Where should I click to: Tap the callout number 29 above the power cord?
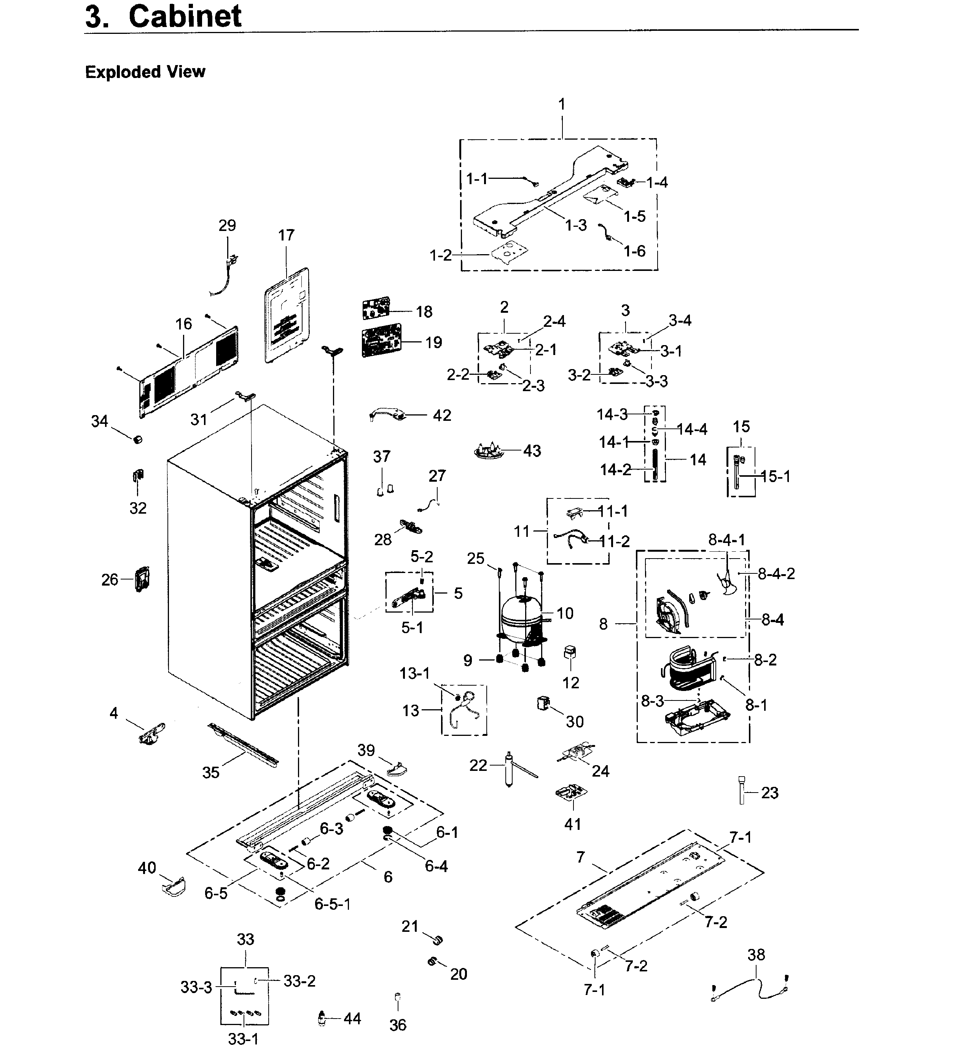[x=227, y=225]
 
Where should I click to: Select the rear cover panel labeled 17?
[x=285, y=315]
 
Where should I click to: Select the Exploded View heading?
[x=145, y=72]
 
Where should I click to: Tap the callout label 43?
[x=532, y=451]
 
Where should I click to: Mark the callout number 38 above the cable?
[x=756, y=955]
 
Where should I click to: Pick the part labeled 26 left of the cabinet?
[x=142, y=579]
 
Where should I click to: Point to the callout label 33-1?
[x=243, y=1039]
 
